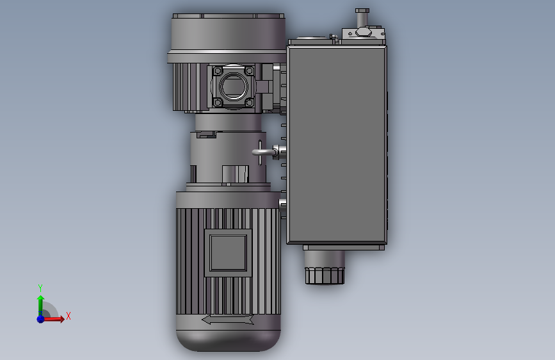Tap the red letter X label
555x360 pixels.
click(x=68, y=316)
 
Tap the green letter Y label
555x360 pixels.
click(x=40, y=288)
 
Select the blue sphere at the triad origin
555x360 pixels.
click(x=40, y=318)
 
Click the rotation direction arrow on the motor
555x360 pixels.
click(x=228, y=320)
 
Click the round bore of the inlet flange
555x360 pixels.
click(x=234, y=86)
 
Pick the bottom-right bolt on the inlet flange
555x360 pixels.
click(x=249, y=101)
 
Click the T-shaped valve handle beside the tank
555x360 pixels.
click(x=260, y=152)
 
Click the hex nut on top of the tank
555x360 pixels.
click(x=363, y=32)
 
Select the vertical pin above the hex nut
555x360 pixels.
click(x=362, y=16)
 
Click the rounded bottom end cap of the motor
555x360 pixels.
click(x=229, y=339)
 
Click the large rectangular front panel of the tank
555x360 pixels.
click(x=337, y=144)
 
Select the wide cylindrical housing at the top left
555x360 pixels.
click(x=227, y=33)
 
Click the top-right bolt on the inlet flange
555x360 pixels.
click(x=249, y=70)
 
